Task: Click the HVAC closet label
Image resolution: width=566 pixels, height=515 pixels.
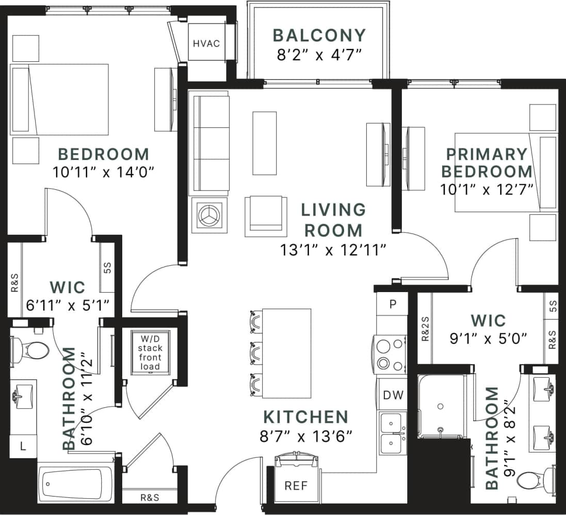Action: click(206, 43)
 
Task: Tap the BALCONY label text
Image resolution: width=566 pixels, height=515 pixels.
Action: click(319, 36)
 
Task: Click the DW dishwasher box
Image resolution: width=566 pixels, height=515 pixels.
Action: click(393, 395)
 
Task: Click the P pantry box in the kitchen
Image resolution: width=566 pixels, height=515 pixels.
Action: click(392, 304)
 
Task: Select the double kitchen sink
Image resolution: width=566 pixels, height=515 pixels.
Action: click(393, 433)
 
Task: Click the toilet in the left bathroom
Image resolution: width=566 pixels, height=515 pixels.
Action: click(31, 350)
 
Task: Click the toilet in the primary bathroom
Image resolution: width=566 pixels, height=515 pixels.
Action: click(532, 479)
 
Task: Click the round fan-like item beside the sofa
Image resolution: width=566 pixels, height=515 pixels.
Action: click(209, 214)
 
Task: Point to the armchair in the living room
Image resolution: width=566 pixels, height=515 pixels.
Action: click(266, 216)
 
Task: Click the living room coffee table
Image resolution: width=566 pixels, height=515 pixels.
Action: click(265, 143)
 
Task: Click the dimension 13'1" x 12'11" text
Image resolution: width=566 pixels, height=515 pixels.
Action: click(333, 250)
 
